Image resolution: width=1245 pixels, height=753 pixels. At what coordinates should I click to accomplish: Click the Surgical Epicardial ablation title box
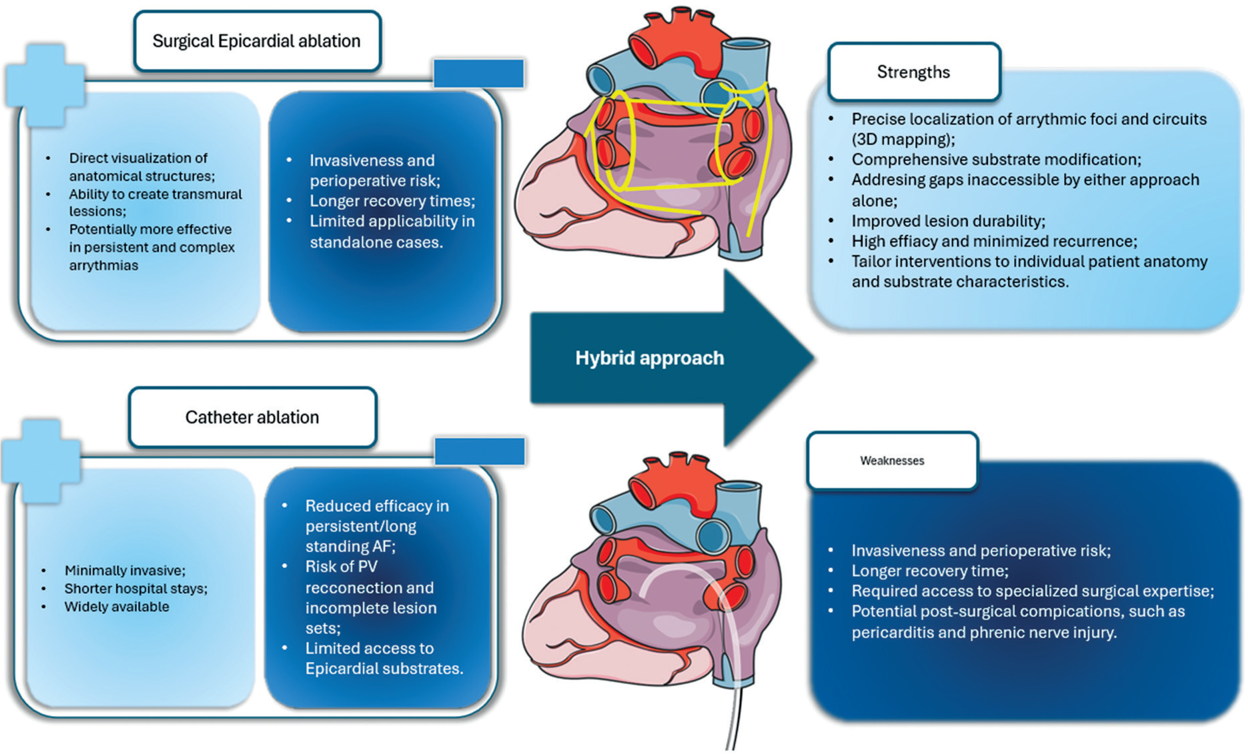click(257, 41)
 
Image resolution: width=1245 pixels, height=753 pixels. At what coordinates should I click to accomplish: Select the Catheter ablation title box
click(252, 417)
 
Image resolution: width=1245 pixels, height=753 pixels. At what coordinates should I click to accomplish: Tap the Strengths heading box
click(914, 72)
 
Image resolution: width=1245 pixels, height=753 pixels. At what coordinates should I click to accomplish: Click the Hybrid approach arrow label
click(650, 358)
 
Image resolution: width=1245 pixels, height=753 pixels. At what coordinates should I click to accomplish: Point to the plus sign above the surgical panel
click(46, 85)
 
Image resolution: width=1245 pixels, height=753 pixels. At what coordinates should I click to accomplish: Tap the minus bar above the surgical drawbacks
click(479, 74)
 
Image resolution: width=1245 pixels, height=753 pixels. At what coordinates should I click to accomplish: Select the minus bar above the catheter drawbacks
click(479, 451)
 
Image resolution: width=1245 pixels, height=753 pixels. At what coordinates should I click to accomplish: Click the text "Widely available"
click(117, 606)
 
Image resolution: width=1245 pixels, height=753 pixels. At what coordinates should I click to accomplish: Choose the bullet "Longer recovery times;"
click(392, 201)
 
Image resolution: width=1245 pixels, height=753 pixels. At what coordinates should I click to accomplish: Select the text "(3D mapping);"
click(903, 139)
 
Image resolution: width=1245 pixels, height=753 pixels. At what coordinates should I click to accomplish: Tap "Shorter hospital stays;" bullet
click(136, 588)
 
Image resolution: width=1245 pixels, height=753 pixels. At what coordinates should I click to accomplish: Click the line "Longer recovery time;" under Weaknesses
click(930, 571)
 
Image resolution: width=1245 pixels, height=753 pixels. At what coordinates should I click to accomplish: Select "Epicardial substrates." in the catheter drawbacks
click(384, 668)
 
